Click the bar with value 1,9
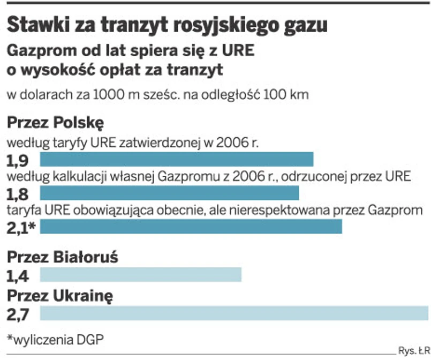pyautogui.click(x=177, y=160)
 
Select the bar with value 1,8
pyautogui.click(x=169, y=193)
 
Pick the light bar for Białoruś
pyautogui.click(x=141, y=275)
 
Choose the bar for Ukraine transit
pyautogui.click(x=235, y=313)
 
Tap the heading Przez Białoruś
pyautogui.click(x=62, y=258)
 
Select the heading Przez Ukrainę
pyautogui.click(x=60, y=296)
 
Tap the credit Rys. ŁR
pyautogui.click(x=414, y=351)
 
